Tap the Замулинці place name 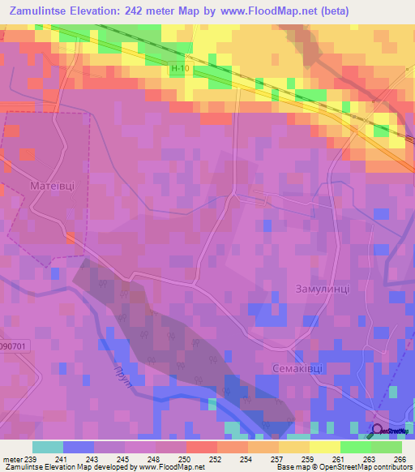point(322,290)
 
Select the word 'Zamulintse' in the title point(44,11)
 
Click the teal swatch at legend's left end point(47,447)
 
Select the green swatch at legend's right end point(386,447)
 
